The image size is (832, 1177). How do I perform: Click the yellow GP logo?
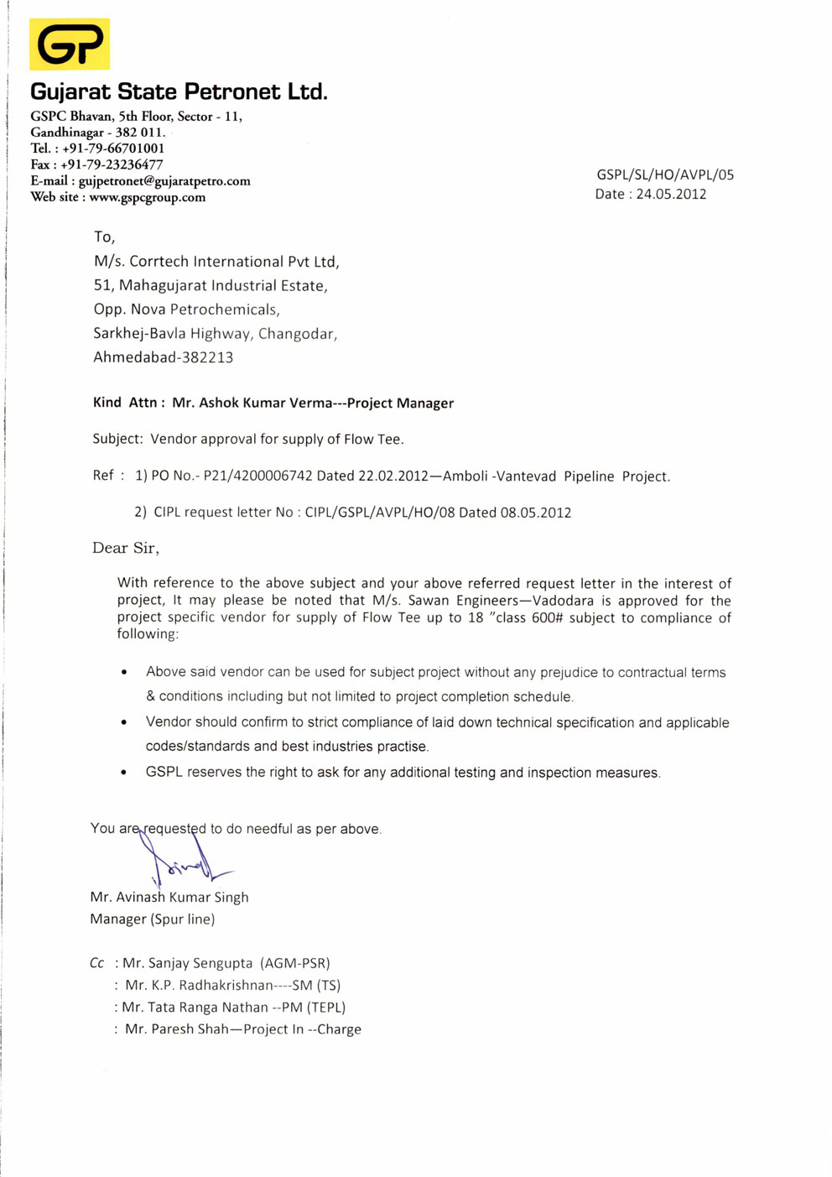pos(70,44)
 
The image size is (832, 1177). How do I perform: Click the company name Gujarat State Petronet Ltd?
pos(179,91)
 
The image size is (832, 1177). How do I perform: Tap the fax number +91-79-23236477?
pos(112,164)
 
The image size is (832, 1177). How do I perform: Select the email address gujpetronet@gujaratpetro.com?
pos(164,181)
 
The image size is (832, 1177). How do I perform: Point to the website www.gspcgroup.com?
pos(147,197)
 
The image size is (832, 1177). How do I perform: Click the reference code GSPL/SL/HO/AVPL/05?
pos(665,174)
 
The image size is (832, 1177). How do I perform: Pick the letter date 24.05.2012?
pos(671,194)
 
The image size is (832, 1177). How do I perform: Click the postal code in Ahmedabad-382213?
pos(207,357)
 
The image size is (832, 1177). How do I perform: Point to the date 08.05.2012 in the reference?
pos(536,512)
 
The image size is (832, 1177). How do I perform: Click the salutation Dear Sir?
pos(125,548)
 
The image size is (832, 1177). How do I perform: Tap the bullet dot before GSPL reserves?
pos(124,773)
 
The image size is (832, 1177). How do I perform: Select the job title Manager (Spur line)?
pos(153,919)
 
